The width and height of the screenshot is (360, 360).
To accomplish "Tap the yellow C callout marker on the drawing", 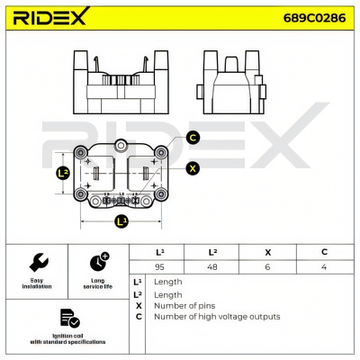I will coord(192,138).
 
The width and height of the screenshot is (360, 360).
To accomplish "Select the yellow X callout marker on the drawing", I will coord(192,167).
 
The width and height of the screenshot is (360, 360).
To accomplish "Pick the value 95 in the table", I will coord(160,267).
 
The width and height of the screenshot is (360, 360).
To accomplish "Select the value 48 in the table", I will coord(212,267).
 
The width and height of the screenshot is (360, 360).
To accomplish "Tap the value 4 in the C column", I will coord(325,267).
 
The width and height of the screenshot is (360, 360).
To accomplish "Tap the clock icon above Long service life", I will coord(99,262).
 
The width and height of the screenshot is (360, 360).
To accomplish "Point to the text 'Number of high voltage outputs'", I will coord(217,317).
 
